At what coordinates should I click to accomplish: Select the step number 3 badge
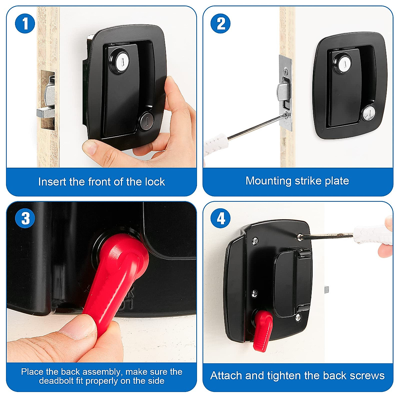click(25, 218)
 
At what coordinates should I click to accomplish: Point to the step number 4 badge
click(220, 218)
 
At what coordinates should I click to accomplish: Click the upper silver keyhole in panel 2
click(345, 64)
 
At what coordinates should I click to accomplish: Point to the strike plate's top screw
click(286, 71)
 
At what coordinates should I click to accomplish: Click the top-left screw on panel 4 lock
click(255, 240)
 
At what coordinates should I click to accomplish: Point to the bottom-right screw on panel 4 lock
click(298, 318)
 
